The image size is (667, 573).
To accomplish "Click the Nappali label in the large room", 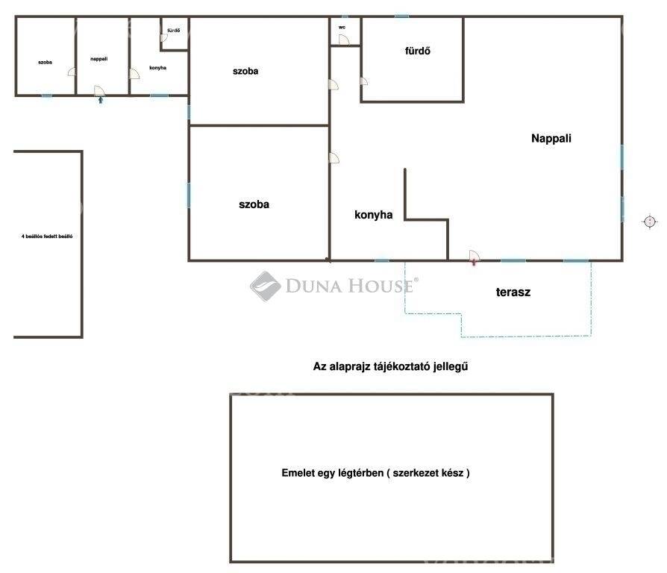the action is click(551, 138).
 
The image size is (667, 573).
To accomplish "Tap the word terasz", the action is click(513, 292).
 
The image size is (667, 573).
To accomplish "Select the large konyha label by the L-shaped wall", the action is click(374, 215).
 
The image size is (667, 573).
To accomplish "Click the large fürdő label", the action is click(417, 51).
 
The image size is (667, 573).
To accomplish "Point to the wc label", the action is click(342, 27).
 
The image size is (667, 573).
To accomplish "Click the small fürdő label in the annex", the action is click(174, 30).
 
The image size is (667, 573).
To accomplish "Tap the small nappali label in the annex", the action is click(98, 59).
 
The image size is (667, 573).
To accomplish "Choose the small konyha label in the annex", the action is click(158, 68).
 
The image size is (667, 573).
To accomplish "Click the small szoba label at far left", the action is click(45, 62).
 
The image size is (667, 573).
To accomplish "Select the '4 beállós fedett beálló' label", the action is click(47, 236).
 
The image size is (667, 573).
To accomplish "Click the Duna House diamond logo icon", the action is click(265, 286).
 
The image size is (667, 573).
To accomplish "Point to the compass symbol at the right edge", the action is click(650, 222).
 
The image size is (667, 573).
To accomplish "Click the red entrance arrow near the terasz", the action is click(474, 263).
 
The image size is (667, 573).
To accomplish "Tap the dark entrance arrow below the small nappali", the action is click(101, 100).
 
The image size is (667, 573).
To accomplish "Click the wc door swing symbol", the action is click(344, 40).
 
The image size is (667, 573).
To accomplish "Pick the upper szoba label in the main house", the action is click(245, 71).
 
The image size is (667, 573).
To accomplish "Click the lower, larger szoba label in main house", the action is click(254, 204).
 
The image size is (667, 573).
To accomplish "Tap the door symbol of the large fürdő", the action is click(363, 81).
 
